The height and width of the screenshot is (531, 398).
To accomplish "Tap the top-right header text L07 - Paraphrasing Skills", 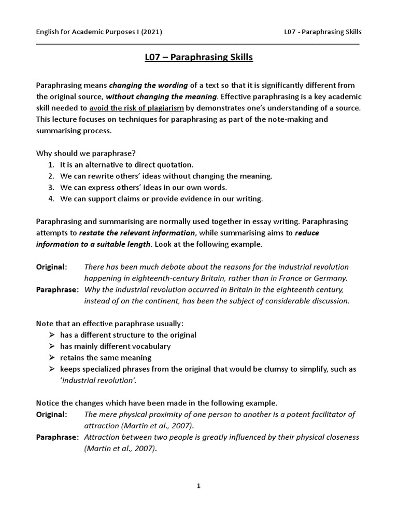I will point(323,32).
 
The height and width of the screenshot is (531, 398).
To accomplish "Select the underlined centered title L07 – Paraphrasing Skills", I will point(199,58).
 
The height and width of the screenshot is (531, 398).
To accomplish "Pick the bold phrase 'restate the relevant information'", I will point(137,233).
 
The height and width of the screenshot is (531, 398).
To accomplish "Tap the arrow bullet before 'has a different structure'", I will point(52,335).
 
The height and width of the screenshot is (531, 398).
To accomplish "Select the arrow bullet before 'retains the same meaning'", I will point(52,358).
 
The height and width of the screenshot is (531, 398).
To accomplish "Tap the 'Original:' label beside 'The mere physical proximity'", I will point(51,414).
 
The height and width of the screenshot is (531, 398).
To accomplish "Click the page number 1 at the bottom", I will point(198,486).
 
